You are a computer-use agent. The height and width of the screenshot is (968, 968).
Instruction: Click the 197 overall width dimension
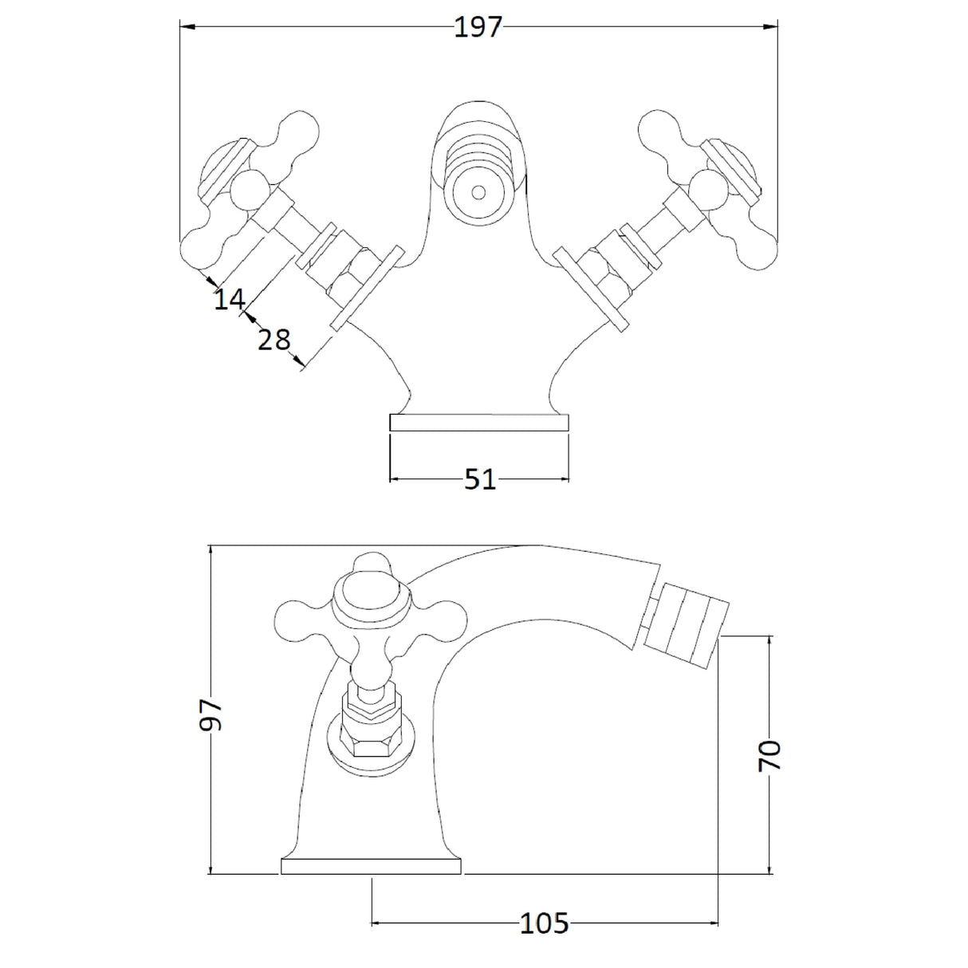(x=478, y=27)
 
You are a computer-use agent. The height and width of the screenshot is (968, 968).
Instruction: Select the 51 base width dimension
(x=479, y=480)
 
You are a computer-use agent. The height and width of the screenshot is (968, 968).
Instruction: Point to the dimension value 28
(x=273, y=340)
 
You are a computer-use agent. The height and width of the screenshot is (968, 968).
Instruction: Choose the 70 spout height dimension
(x=770, y=754)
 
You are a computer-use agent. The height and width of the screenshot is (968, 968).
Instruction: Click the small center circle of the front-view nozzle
(x=478, y=193)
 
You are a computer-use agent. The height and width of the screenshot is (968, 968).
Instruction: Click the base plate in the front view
(x=479, y=423)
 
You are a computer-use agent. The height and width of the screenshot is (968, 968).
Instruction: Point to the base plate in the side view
(x=372, y=867)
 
